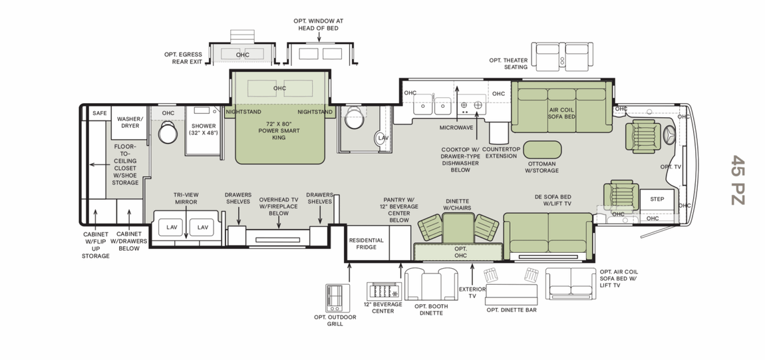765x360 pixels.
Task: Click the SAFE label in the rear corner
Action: click(100, 113)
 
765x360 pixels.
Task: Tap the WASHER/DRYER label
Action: click(130, 122)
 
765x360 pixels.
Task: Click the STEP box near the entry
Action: click(657, 199)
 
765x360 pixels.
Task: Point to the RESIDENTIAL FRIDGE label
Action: click(367, 243)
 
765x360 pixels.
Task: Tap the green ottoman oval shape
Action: click(541, 149)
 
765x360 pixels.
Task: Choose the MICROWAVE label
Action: click(456, 127)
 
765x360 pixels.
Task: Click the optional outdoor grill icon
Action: click(337, 297)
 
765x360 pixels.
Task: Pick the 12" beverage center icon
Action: click(382, 291)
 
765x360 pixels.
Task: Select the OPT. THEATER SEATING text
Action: click(508, 64)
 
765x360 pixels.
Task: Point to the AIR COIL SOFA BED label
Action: click(562, 113)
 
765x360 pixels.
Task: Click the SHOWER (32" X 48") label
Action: click(204, 128)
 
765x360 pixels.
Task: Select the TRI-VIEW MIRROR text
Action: click(186, 198)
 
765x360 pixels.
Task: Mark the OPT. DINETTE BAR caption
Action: click(511, 309)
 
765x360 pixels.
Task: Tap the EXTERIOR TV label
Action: click(472, 293)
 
